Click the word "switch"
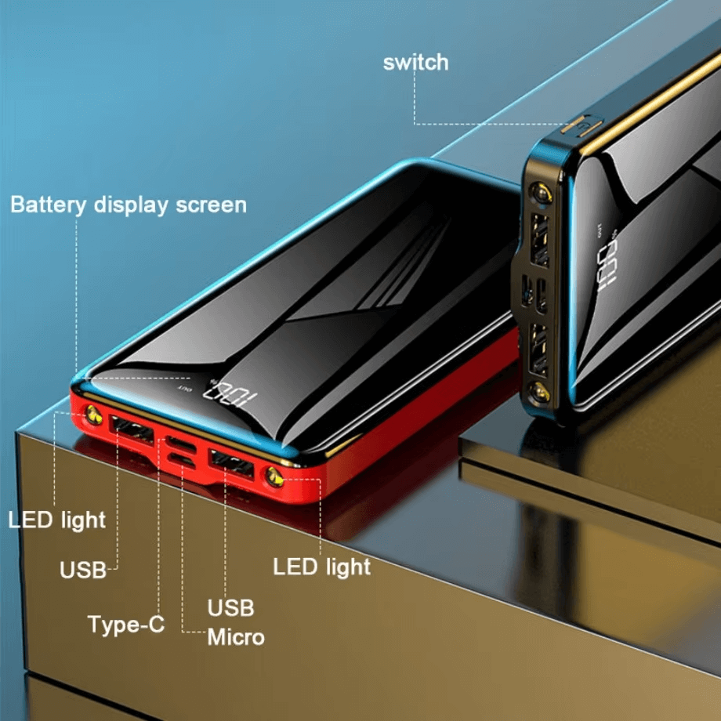[415, 63]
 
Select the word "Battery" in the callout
[48, 205]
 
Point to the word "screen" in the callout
[211, 205]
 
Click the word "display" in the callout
[131, 205]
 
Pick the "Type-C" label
[125, 625]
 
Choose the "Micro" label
[236, 637]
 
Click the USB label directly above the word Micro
[230, 607]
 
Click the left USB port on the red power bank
[129, 428]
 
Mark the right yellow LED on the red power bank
[274, 473]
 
